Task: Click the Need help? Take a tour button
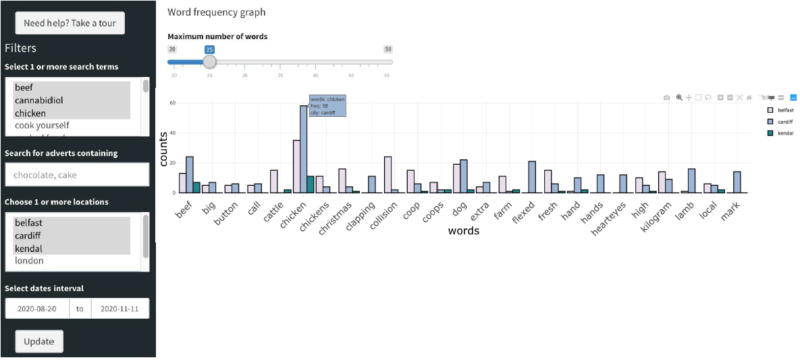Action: pos(70,23)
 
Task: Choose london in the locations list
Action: pos(29,261)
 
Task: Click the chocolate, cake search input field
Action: pos(76,175)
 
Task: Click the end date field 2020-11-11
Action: pos(119,309)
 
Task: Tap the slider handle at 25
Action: pos(210,61)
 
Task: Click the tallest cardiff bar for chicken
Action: pos(304,149)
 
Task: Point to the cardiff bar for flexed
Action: pos(533,177)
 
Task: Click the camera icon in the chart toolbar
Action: pos(666,98)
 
